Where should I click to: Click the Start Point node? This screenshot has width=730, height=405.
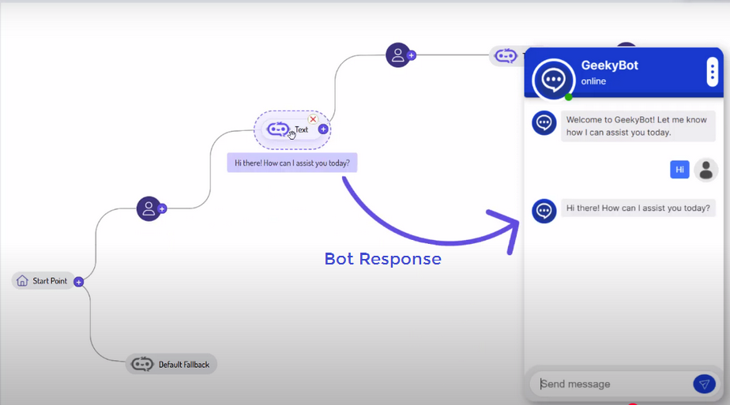pyautogui.click(x=44, y=281)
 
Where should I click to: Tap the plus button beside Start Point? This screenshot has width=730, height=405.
pyautogui.click(x=79, y=282)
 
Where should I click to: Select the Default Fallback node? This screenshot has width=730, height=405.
pyautogui.click(x=171, y=364)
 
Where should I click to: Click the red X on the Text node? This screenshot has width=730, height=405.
pyautogui.click(x=313, y=119)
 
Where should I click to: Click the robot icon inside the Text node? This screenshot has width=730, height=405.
pyautogui.click(x=278, y=129)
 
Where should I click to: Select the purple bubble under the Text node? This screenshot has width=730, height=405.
pyautogui.click(x=292, y=163)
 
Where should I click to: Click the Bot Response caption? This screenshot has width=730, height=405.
pyautogui.click(x=382, y=259)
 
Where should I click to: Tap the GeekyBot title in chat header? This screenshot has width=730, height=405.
pyautogui.click(x=609, y=66)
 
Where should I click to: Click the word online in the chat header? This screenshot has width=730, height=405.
pyautogui.click(x=593, y=81)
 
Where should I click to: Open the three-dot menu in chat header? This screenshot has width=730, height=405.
pyautogui.click(x=712, y=73)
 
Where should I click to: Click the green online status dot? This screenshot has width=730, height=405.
pyautogui.click(x=568, y=97)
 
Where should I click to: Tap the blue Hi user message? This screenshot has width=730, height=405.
pyautogui.click(x=679, y=169)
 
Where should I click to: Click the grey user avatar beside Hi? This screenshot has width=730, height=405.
pyautogui.click(x=706, y=170)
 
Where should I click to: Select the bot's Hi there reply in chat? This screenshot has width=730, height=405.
pyautogui.click(x=638, y=209)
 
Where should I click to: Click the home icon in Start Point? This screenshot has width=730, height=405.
pyautogui.click(x=22, y=281)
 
